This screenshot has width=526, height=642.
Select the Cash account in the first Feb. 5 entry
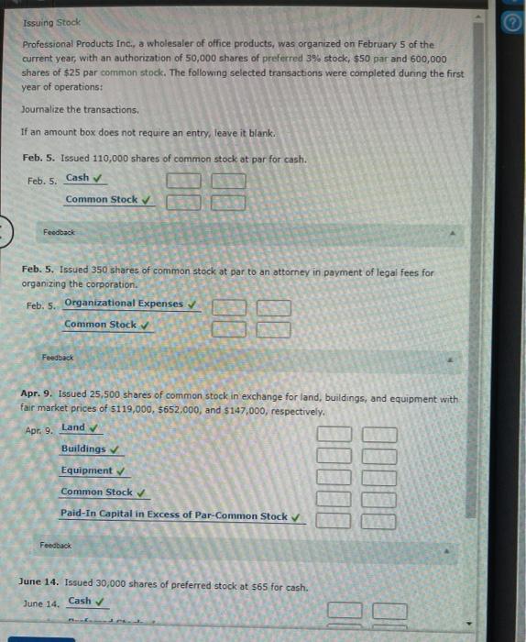78,178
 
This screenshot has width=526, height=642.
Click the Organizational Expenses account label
123,304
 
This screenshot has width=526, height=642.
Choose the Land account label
72,427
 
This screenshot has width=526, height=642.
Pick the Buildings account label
82,448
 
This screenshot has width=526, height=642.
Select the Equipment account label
86,470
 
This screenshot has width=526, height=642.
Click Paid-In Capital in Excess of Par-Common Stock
173,515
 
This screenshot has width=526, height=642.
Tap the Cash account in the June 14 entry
80,602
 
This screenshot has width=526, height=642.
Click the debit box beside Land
334,435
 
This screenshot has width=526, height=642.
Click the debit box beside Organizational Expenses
229,307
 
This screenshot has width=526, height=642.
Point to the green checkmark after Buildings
115,449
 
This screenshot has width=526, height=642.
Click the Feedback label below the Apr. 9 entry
56,545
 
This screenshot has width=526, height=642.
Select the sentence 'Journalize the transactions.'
80,109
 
